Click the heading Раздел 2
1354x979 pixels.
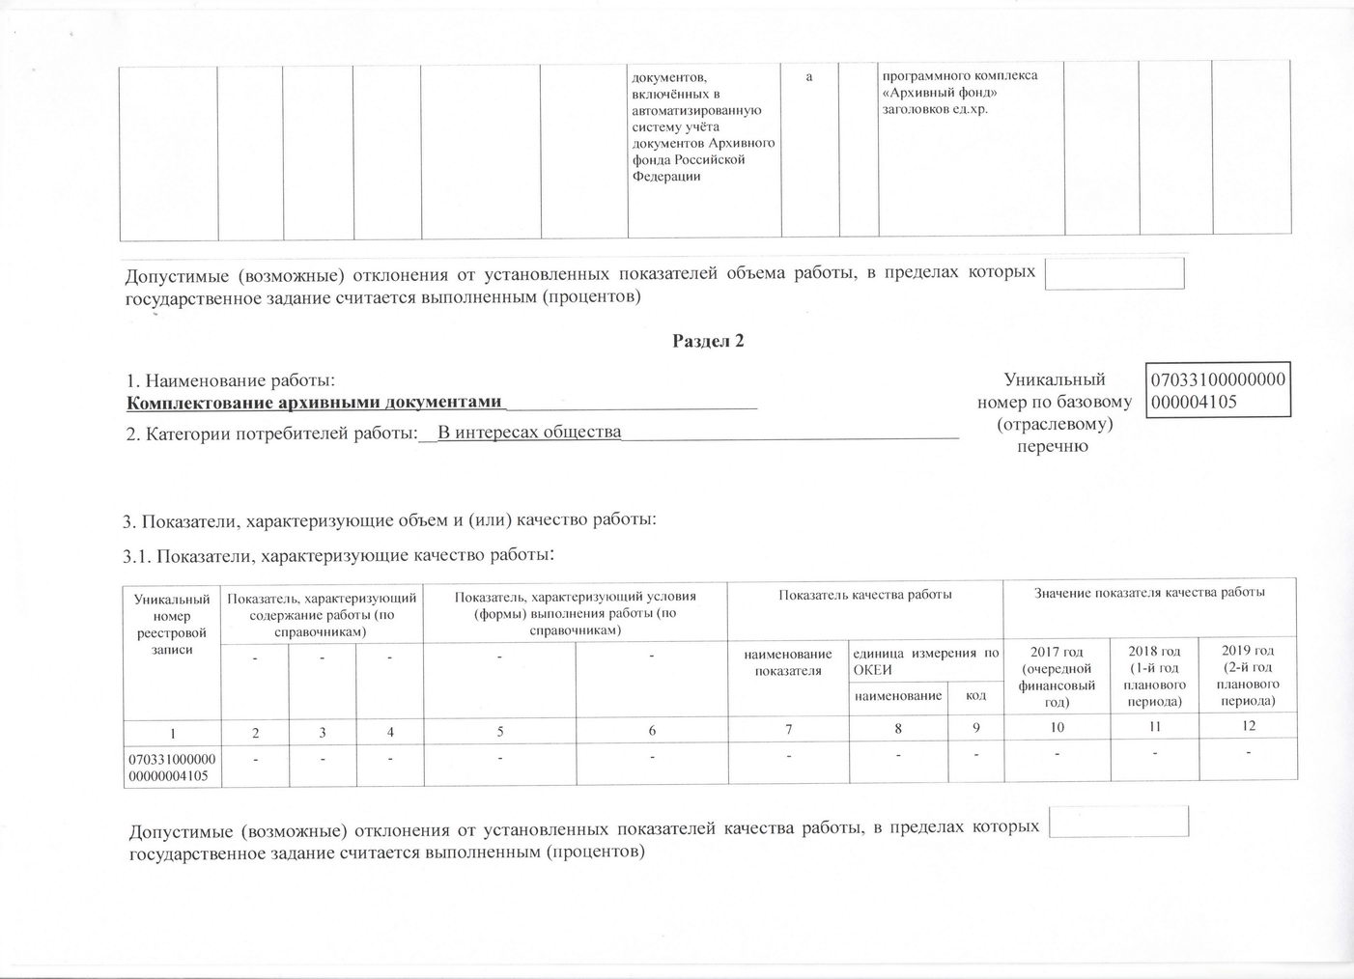[708, 341]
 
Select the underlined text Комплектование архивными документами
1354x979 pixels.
[317, 403]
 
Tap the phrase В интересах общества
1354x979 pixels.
[529, 432]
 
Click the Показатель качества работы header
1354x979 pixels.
[865, 595]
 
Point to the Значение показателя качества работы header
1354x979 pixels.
[1149, 593]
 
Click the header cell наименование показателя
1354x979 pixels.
[787, 662]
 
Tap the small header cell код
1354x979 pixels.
[975, 695]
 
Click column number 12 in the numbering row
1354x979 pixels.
[1249, 726]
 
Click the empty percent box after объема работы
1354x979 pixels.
[1114, 273]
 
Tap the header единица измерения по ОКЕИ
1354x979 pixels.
[924, 662]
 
